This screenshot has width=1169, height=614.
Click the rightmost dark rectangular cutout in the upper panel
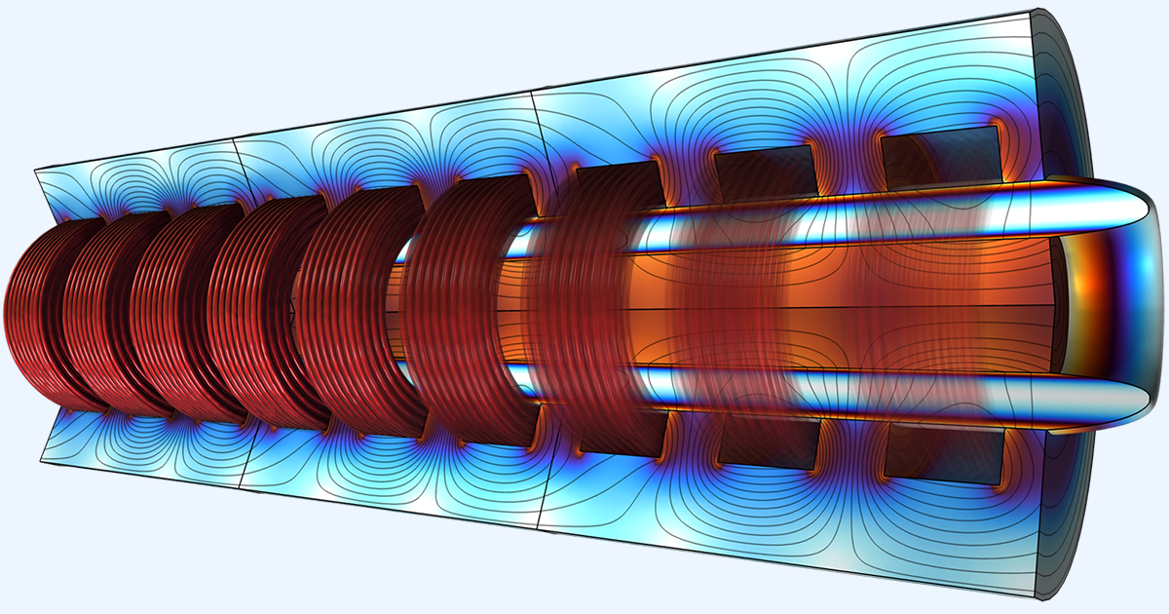(x=940, y=156)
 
